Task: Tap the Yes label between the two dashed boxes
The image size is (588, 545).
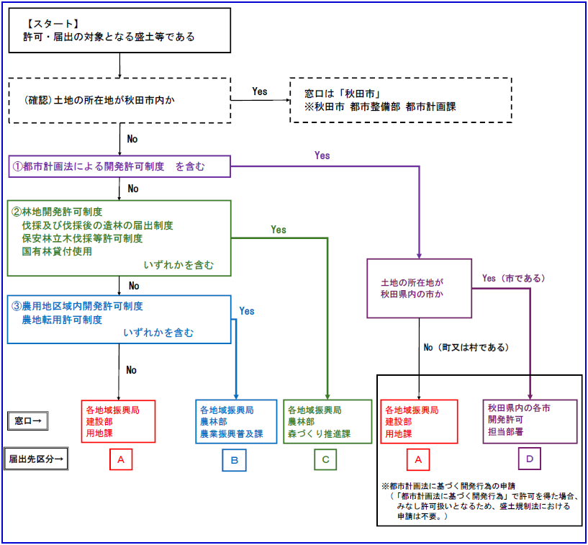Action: tap(260, 91)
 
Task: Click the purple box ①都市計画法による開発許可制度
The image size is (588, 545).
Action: tap(119, 167)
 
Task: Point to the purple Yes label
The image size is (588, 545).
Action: tap(322, 156)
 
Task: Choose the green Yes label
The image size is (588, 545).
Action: tap(279, 230)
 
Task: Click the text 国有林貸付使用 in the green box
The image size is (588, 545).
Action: tap(57, 251)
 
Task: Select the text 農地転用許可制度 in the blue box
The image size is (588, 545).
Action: tap(62, 320)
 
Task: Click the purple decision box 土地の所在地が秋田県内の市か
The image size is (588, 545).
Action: tap(418, 288)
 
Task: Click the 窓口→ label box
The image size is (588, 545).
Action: tap(28, 421)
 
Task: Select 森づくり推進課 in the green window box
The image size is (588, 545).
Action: tap(318, 434)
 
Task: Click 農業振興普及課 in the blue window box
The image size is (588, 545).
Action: tap(231, 434)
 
